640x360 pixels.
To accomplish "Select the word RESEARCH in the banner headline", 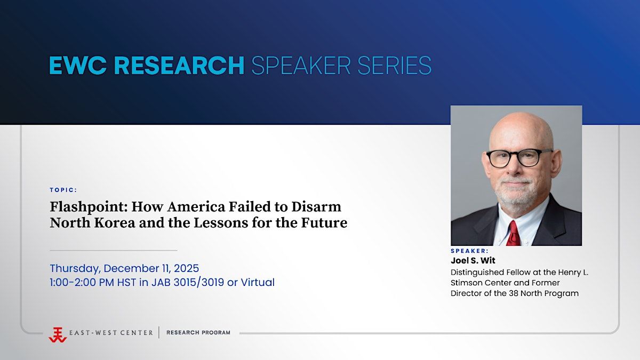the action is coord(179,66).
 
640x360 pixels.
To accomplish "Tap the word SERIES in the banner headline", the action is coord(394,66).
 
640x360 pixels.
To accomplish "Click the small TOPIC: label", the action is coord(63,190).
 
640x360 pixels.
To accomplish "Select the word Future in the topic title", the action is coord(324,223).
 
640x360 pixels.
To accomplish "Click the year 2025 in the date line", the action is coord(186,268).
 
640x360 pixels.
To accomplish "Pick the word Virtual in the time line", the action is coord(258,282).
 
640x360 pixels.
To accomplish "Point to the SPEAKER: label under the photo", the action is coord(470,251).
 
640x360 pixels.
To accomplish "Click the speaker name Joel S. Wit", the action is coord(473,261).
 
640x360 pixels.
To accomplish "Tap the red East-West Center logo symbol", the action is coord(58,335).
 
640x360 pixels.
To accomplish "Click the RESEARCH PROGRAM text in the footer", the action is coord(198,333).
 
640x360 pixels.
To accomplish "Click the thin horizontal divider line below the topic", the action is coord(114,251).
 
